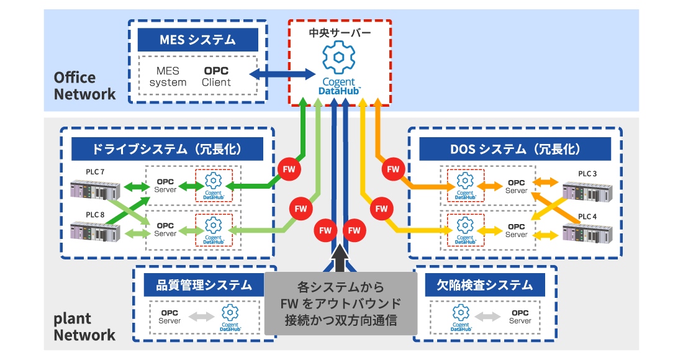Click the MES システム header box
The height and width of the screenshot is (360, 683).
pyautogui.click(x=197, y=40)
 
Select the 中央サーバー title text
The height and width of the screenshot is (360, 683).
pyautogui.click(x=340, y=31)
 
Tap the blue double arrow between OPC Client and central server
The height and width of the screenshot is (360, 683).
pyautogui.click(x=282, y=74)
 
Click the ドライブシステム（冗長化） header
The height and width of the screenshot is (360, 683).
pyautogui.click(x=167, y=149)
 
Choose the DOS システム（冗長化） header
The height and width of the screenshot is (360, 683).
pyautogui.click(x=515, y=149)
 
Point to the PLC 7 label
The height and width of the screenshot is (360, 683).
pyautogui.click(x=95, y=171)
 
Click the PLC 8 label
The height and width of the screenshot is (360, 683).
pyautogui.click(x=95, y=215)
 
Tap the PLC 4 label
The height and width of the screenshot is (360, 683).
pyautogui.click(x=587, y=217)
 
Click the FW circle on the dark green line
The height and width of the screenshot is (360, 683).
pyautogui.click(x=289, y=169)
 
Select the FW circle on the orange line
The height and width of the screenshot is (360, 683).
pyautogui.click(x=392, y=169)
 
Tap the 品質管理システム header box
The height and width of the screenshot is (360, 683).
pyautogui.click(x=204, y=285)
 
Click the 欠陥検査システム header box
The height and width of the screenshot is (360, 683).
pyautogui.click(x=485, y=285)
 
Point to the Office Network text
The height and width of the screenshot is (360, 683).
pyautogui.click(x=84, y=86)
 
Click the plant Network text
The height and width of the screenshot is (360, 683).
pyautogui.click(x=84, y=326)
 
